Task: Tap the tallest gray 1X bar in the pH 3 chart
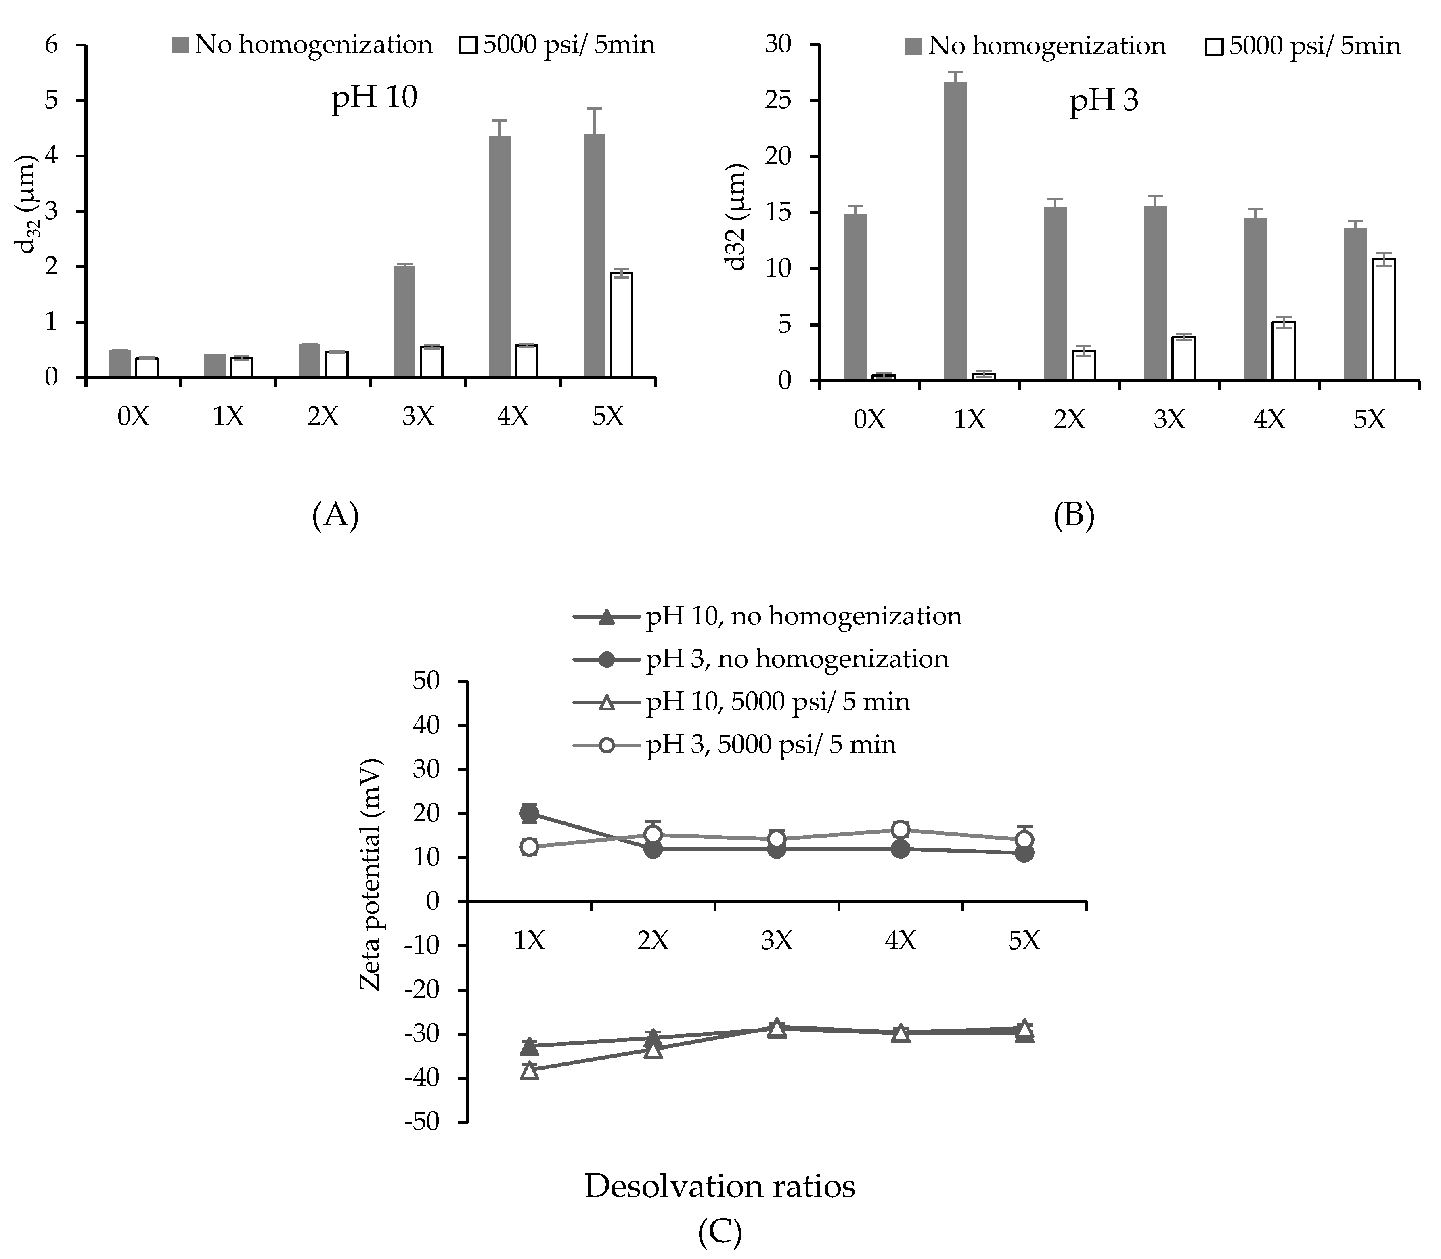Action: (955, 232)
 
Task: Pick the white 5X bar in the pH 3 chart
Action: (1383, 321)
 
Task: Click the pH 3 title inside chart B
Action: (1104, 101)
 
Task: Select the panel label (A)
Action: (335, 516)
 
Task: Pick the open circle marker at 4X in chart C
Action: (900, 830)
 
